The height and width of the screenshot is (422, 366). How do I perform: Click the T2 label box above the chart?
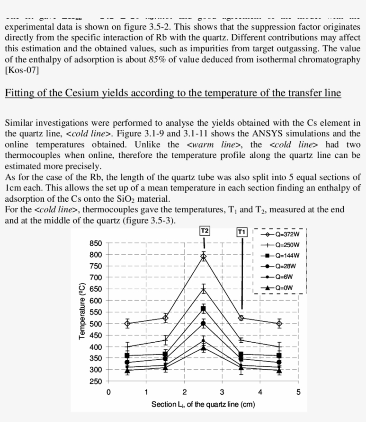(x=204, y=231)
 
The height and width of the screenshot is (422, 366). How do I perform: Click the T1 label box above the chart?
(x=241, y=232)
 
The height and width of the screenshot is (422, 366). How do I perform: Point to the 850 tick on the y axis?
(x=97, y=243)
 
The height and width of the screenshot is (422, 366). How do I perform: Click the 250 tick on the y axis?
(x=97, y=381)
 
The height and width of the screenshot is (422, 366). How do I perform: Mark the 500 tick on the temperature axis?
(x=97, y=323)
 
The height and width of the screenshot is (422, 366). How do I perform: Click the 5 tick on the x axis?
(x=299, y=393)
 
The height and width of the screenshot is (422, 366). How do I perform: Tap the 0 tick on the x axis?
(x=108, y=393)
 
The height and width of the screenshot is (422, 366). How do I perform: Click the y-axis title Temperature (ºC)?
(x=82, y=311)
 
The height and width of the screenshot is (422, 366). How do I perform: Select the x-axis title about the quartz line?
(x=203, y=405)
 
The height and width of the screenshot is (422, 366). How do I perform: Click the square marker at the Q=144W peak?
(x=204, y=309)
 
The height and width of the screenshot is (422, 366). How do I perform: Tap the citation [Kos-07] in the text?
(x=22, y=70)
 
